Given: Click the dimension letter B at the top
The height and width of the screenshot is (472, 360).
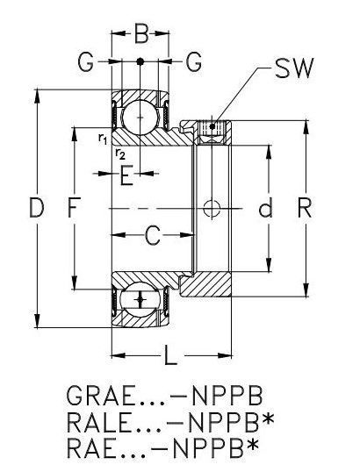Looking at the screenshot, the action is click(x=141, y=33).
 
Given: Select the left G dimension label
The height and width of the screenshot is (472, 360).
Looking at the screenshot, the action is click(x=85, y=61).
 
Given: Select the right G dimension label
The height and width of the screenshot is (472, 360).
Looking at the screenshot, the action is click(x=193, y=61).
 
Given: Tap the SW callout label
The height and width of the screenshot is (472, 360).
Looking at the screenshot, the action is click(x=294, y=68).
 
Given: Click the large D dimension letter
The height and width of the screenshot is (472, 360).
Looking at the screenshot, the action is click(x=37, y=208).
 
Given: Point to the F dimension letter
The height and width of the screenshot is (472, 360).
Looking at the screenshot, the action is click(x=74, y=208).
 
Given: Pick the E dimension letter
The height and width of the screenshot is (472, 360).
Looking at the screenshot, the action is click(x=126, y=175).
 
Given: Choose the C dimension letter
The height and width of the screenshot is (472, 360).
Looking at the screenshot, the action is click(x=153, y=236).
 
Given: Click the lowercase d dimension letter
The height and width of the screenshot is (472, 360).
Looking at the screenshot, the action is click(x=265, y=207).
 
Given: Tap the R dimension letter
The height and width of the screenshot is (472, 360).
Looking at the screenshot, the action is click(x=305, y=207).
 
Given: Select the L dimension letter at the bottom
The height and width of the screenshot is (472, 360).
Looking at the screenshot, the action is click(x=170, y=355).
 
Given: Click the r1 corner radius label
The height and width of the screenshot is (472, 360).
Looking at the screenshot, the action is click(x=103, y=139).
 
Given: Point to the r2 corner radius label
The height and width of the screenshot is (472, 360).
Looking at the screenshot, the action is click(x=120, y=154).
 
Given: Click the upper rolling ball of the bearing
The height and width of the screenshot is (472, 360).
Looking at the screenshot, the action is click(x=140, y=117).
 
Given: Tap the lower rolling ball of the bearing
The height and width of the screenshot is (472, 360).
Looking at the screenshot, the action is click(x=140, y=299).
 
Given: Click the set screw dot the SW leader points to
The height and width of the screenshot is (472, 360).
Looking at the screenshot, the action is click(x=212, y=126).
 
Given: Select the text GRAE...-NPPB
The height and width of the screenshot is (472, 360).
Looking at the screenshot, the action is click(x=164, y=396).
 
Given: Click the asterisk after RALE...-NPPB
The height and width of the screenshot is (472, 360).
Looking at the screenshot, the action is click(x=268, y=418).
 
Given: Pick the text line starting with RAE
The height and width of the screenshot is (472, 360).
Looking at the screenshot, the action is click(x=162, y=447).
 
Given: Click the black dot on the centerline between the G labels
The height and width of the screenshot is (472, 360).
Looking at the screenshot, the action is click(x=140, y=61).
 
